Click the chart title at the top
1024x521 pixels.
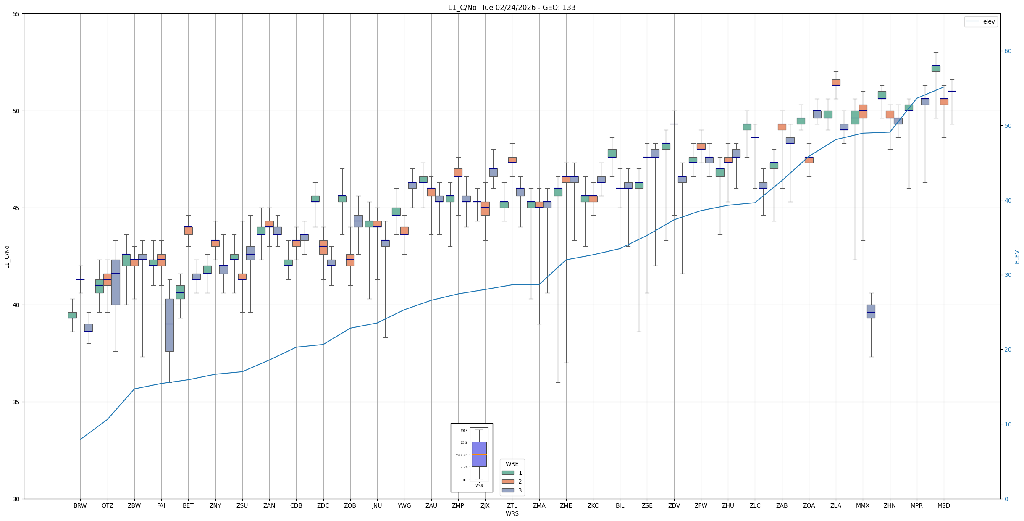point(512,8)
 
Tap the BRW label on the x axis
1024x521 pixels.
point(80,505)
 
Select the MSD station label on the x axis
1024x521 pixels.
point(943,505)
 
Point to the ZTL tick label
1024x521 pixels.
point(512,505)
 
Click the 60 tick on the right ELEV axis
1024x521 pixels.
point(1008,51)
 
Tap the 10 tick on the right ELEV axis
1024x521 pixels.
point(1008,424)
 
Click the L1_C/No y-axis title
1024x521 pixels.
point(7,257)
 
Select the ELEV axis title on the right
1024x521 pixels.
point(1017,257)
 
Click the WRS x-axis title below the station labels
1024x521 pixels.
point(512,513)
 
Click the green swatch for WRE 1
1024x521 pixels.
point(508,473)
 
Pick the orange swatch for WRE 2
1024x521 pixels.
point(508,482)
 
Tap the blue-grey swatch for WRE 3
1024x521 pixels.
point(508,490)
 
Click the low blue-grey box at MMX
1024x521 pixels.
point(871,311)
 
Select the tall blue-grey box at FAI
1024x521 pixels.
point(169,325)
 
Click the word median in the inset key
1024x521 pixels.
point(461,455)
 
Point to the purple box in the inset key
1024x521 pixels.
point(479,454)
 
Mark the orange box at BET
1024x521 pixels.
point(188,231)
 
